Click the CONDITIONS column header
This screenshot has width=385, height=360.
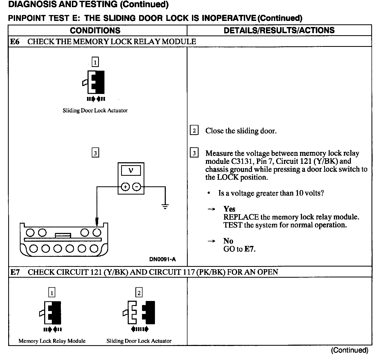(95, 30)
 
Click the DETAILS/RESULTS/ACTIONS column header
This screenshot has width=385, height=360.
(279, 30)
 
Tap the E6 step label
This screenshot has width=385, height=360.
(15, 42)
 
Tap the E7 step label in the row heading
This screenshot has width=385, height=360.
(15, 272)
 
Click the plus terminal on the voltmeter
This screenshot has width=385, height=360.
(125, 187)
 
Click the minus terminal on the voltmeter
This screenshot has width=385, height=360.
(136, 187)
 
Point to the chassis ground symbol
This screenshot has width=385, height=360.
(165, 206)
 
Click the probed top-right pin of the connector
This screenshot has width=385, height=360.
(97, 232)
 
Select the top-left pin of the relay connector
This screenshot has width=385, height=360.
(30, 233)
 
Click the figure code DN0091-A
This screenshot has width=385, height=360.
(162, 259)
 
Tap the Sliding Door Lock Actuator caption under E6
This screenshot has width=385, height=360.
(95, 111)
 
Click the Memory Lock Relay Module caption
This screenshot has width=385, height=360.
(52, 341)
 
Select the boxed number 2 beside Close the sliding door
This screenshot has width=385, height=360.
(194, 130)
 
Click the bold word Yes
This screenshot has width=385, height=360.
(229, 209)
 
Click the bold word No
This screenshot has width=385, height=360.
(228, 241)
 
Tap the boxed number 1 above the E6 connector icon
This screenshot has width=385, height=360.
(95, 62)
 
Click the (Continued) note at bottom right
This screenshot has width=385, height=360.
(349, 350)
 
